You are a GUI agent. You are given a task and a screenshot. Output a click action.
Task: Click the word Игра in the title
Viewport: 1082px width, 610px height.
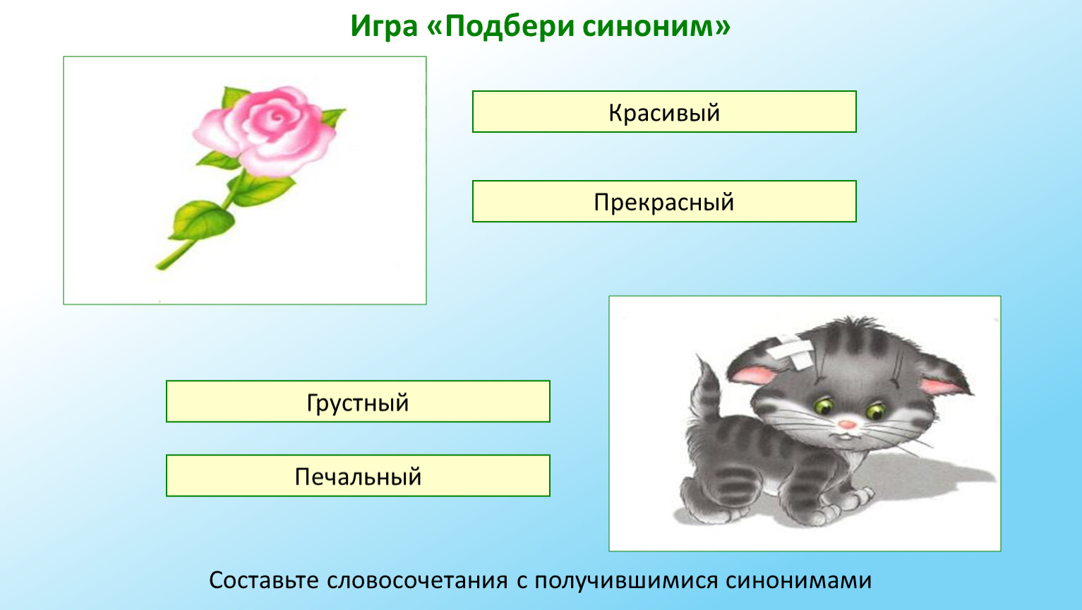(384, 26)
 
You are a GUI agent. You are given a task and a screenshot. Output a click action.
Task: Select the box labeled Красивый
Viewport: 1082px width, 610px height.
(664, 112)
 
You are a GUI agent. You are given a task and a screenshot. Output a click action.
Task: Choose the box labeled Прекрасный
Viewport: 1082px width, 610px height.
(664, 201)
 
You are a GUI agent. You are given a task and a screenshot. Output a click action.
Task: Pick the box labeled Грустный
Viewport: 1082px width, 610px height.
(358, 402)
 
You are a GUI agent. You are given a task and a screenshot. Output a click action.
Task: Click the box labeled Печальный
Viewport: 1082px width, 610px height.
(358, 476)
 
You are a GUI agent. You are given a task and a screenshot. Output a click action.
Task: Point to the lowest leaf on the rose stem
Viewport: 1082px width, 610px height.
(202, 220)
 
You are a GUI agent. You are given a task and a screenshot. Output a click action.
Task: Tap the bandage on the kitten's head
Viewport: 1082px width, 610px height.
(791, 349)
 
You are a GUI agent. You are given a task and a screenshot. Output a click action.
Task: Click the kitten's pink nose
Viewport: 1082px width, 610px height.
(847, 425)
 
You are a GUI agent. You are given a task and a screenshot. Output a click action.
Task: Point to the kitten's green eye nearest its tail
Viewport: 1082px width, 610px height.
(823, 406)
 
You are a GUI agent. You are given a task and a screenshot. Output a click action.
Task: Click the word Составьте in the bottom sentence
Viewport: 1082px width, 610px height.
(264, 580)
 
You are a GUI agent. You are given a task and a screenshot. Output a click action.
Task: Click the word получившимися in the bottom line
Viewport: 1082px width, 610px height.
(626, 580)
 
